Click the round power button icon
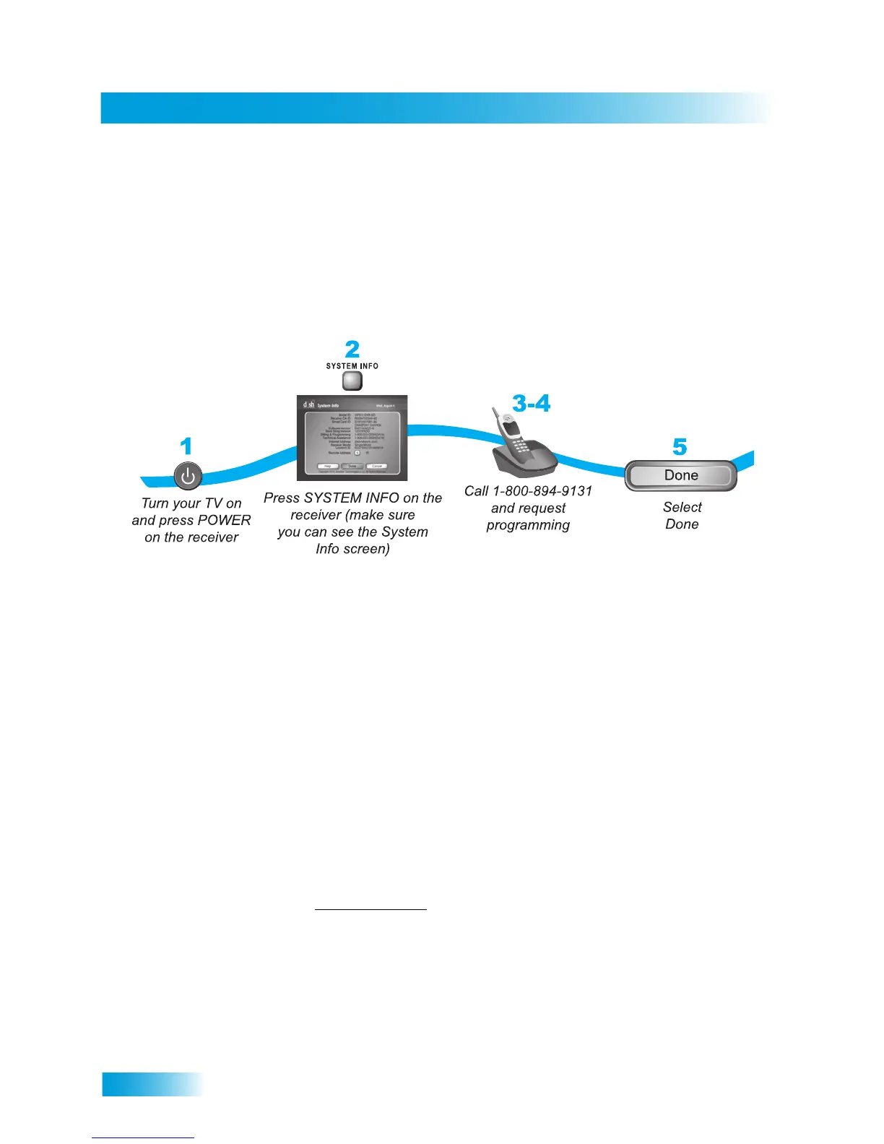coord(188,476)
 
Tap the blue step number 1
coord(186,446)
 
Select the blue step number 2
coord(352,350)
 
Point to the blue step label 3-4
coord(531,403)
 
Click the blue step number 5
coord(680,447)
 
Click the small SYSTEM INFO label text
coord(352,366)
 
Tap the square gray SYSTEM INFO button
coord(352,381)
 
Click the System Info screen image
coord(352,438)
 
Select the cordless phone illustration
coord(521,442)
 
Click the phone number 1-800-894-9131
coord(542,491)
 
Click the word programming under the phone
coord(528,525)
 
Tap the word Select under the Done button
coord(682,507)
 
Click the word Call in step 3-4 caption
coord(477,491)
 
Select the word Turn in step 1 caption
coord(155,503)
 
